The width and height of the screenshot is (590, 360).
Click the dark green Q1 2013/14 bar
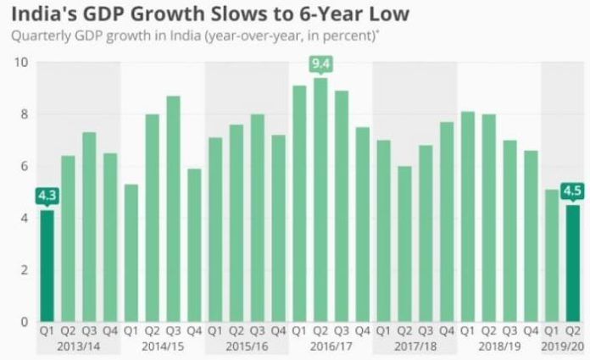[47, 266]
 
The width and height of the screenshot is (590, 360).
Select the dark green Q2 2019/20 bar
[573, 263]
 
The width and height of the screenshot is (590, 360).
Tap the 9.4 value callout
[320, 64]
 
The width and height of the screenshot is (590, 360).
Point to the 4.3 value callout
[47, 196]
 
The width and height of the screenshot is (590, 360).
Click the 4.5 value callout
[572, 191]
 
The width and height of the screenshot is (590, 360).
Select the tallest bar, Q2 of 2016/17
[320, 200]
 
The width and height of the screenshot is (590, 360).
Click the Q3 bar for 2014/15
[173, 208]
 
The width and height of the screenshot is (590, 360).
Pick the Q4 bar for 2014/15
[194, 246]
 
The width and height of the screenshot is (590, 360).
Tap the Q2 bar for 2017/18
[404, 244]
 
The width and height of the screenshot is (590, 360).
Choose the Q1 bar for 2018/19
[468, 217]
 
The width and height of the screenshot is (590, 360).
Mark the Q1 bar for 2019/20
[552, 256]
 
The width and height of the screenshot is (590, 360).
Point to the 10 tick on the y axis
[21, 62]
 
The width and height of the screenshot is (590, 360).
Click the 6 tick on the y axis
[25, 166]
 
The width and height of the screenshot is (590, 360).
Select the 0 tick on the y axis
[25, 322]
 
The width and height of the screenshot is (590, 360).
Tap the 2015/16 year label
[247, 346]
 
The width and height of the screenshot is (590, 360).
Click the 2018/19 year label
[499, 346]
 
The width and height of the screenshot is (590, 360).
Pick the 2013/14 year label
[79, 346]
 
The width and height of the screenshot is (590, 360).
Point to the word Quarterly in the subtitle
[41, 36]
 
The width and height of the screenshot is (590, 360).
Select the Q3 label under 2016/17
[342, 331]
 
